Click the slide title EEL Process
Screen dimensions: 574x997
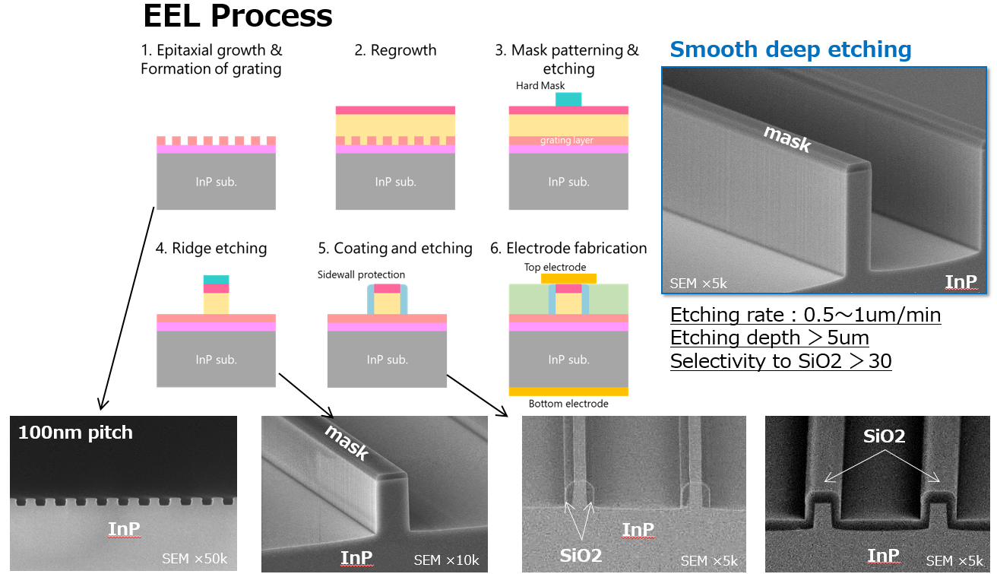(238, 15)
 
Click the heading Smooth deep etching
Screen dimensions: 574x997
(790, 50)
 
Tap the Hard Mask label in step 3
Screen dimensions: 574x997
(540, 86)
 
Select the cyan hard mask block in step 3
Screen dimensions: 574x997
(568, 100)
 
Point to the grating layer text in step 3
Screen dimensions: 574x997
(567, 141)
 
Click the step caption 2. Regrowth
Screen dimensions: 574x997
(395, 50)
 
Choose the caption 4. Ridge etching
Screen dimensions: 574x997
(209, 248)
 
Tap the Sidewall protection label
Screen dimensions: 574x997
(361, 274)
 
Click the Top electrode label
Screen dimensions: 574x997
(555, 267)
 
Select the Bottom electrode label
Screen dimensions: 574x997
(568, 404)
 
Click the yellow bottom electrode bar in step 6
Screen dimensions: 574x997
(568, 391)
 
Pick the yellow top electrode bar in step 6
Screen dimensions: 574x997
(568, 278)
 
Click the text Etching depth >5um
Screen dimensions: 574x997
(769, 338)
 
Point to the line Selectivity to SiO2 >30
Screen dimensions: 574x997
(780, 361)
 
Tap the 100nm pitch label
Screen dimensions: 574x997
(75, 433)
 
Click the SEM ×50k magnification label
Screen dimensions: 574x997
(195, 560)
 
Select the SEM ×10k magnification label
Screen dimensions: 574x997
(446, 560)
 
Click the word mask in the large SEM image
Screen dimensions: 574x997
(787, 139)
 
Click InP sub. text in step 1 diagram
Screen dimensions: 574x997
(216, 182)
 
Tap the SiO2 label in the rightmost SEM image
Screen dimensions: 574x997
(884, 436)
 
